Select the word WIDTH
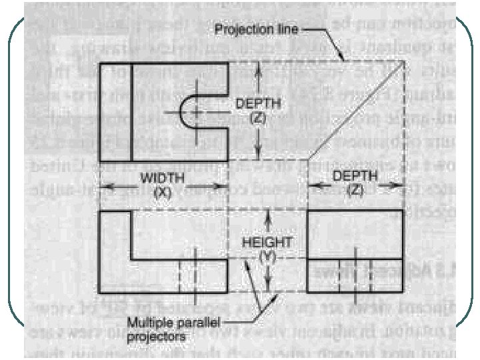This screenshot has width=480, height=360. [157, 179]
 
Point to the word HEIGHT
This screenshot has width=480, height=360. [267, 242]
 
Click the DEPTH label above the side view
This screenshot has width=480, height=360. [355, 176]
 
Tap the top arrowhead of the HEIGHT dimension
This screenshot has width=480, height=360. [267, 213]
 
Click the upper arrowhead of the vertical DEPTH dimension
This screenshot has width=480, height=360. [260, 67]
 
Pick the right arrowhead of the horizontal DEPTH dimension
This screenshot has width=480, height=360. [400, 189]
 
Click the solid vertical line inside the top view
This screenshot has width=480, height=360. [131, 111]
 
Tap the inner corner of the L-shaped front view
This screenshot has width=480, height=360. [131, 259]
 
